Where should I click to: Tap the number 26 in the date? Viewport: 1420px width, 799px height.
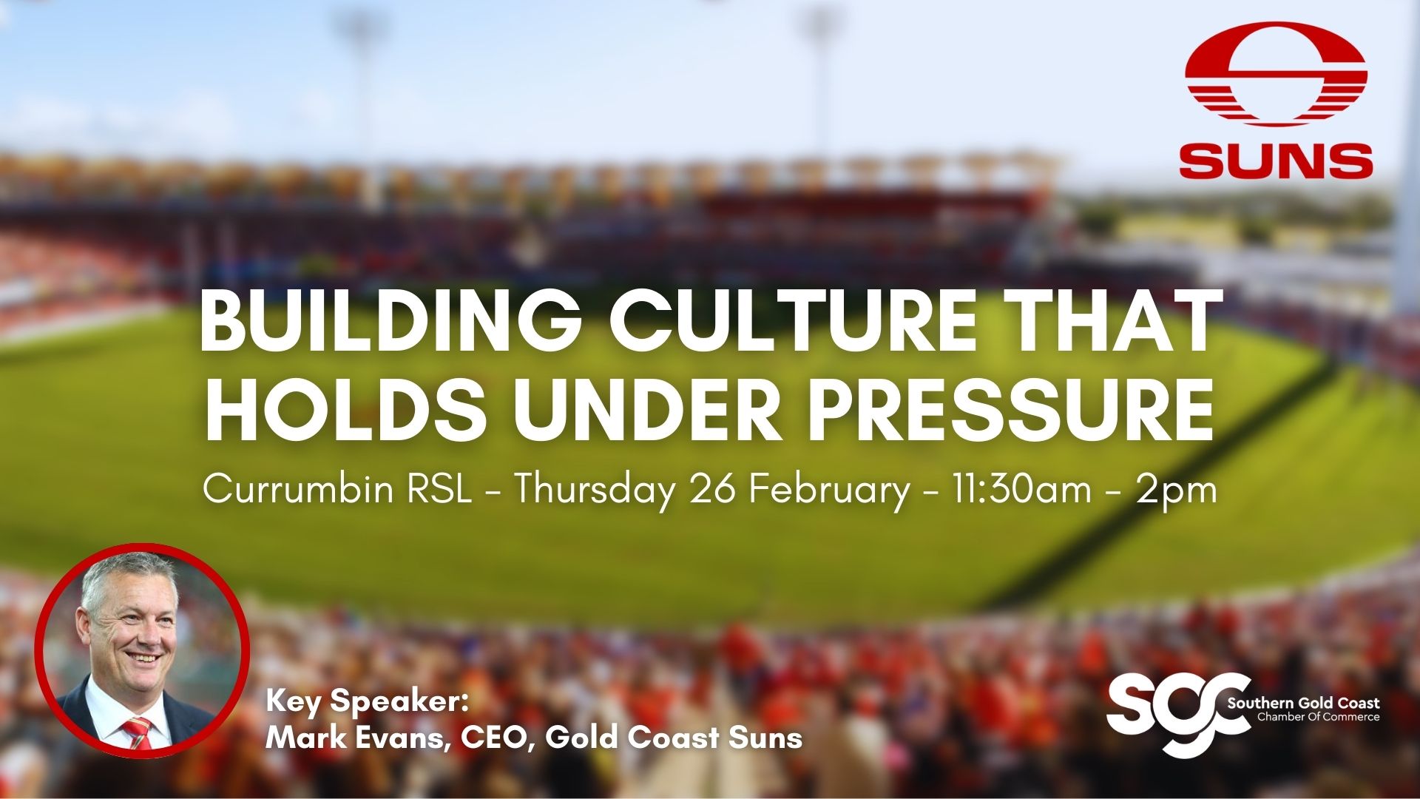pos(713,489)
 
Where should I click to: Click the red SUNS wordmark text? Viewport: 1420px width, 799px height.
pos(1276,161)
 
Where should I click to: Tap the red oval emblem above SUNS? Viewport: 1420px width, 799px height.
pos(1276,74)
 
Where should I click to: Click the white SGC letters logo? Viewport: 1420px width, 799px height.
pos(1169,714)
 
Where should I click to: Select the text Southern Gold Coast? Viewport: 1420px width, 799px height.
pos(1303,703)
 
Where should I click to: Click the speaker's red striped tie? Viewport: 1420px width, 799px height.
pos(137,732)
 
